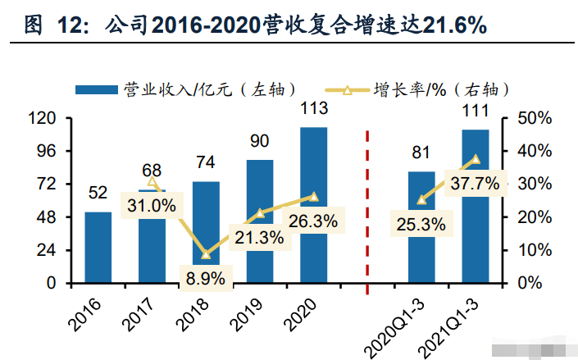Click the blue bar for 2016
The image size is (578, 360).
(x=98, y=247)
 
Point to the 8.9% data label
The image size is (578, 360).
(x=205, y=278)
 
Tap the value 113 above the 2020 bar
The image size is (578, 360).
(x=314, y=108)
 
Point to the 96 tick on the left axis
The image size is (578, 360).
(x=47, y=151)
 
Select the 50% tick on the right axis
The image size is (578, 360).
(x=538, y=118)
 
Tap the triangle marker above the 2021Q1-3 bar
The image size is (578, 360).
(x=475, y=159)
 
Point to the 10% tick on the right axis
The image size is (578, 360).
(x=538, y=249)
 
